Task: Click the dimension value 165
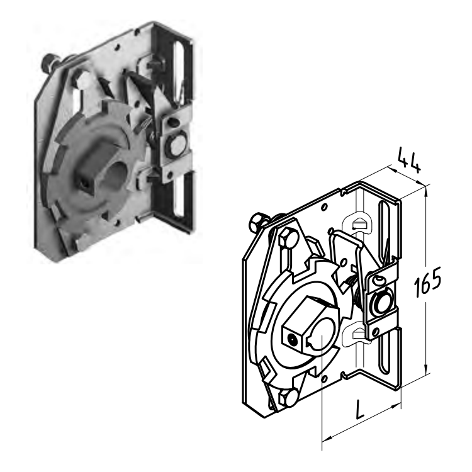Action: [x=427, y=282]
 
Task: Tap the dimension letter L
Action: [x=360, y=409]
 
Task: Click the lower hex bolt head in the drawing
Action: [x=288, y=397]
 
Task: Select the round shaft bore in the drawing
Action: [x=322, y=334]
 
